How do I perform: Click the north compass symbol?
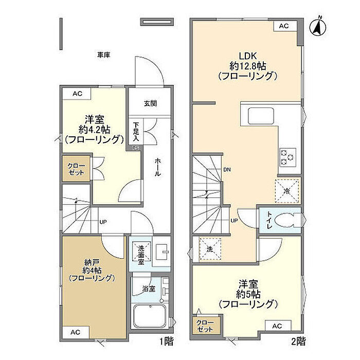318,27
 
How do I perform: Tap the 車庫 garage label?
103,55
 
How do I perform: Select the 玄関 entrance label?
150,103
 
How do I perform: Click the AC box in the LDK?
284,26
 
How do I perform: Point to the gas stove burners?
287,157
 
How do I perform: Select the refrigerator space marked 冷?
287,191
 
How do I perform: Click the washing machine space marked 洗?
210,249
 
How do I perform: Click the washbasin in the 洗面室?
161,252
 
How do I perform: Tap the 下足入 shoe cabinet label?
136,131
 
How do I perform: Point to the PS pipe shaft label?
135,148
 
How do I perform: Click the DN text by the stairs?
227,170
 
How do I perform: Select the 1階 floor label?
166,341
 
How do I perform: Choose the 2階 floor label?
298,341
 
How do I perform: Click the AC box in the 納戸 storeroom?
76,332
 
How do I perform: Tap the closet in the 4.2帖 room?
76,169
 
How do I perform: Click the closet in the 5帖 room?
205,326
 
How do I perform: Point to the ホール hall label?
157,167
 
